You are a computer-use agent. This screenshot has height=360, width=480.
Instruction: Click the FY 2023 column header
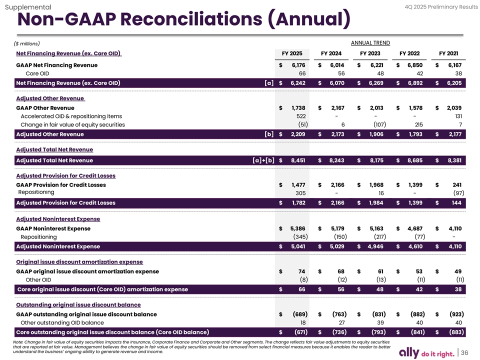click(x=370, y=53)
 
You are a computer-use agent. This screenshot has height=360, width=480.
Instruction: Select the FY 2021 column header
click(x=448, y=53)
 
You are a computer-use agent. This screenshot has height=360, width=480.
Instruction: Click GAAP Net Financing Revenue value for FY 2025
click(x=298, y=65)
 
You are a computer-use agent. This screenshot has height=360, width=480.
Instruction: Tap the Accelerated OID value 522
click(x=301, y=116)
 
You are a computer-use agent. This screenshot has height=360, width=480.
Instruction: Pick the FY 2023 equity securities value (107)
click(x=379, y=124)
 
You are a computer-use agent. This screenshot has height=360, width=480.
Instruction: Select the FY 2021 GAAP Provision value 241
click(x=456, y=185)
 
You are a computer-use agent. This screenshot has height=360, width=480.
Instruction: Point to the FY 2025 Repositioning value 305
click(x=301, y=193)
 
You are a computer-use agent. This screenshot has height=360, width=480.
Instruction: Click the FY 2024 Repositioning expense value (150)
click(x=340, y=236)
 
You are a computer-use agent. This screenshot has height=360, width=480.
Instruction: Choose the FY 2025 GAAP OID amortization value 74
click(x=302, y=271)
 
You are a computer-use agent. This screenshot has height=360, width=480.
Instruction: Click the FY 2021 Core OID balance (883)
click(x=454, y=332)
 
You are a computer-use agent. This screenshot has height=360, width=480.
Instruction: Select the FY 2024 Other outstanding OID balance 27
click(x=342, y=323)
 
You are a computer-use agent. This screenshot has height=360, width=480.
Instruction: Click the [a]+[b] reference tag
click(x=263, y=160)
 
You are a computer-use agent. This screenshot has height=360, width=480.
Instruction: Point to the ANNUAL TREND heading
click(x=371, y=43)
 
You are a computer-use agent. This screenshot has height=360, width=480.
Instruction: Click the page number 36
click(x=464, y=352)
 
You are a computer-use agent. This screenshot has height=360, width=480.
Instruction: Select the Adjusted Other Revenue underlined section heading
click(x=50, y=98)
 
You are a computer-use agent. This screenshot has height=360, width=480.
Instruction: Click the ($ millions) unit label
click(x=28, y=44)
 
